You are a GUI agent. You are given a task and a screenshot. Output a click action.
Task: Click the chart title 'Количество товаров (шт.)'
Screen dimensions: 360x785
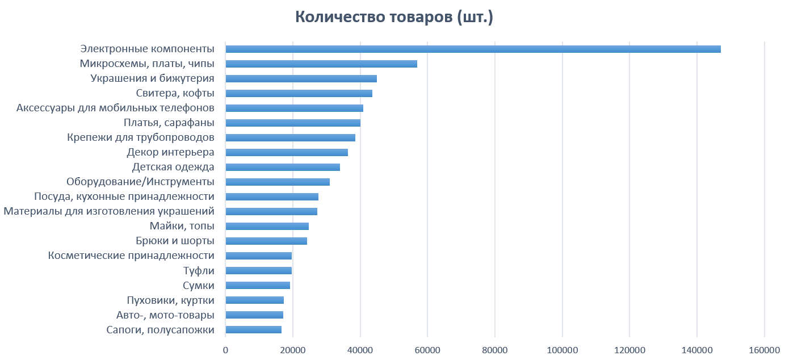394,18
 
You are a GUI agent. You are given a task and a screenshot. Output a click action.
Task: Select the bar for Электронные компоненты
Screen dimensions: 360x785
473,49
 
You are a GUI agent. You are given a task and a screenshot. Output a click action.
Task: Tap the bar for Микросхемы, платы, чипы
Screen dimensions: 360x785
321,64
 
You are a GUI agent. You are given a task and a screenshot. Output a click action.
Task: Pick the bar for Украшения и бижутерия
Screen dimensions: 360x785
301,78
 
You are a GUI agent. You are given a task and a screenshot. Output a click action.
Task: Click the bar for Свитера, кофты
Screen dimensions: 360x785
299,93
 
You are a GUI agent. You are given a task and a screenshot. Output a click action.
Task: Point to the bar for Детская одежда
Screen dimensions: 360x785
283,167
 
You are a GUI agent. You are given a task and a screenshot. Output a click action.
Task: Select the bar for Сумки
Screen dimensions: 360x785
258,285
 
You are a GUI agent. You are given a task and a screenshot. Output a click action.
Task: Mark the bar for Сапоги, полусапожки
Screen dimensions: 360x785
254,329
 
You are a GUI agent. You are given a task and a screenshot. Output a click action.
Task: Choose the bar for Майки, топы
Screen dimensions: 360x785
267,226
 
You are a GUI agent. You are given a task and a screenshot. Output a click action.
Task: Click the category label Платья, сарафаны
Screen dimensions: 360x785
169,123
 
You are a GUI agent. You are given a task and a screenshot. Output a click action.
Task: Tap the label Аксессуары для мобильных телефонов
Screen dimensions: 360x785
115,108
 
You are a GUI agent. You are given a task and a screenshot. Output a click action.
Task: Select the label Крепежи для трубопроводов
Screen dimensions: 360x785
140,137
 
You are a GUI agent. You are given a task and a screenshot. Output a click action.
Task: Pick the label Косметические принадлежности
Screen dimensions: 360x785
131,256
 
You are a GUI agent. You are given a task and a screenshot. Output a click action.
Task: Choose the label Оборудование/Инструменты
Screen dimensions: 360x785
140,182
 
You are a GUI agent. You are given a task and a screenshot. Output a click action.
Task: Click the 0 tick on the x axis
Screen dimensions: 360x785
225,350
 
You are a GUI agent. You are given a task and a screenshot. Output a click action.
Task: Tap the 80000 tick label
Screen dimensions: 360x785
495,350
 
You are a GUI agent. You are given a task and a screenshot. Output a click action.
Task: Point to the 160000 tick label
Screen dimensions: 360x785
764,350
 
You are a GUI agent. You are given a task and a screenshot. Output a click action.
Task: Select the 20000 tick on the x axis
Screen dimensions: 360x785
293,350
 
